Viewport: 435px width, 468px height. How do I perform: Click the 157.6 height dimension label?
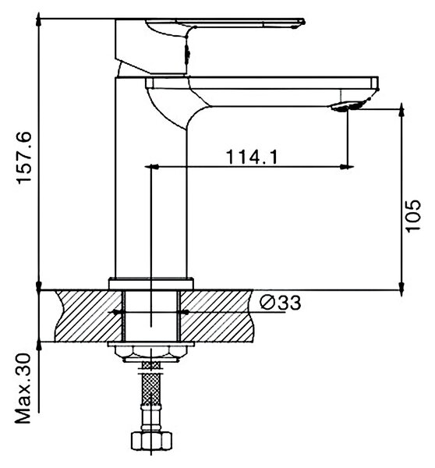pos(24,158)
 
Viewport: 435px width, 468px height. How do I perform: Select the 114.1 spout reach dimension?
pos(252,157)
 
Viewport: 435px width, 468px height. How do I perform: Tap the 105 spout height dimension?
pos(413,215)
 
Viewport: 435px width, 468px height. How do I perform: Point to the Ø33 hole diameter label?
pos(280,303)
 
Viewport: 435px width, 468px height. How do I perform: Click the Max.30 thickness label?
pos(23,388)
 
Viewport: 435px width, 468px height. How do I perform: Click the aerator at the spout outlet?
pos(347,107)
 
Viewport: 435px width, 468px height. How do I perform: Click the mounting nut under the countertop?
pos(151,353)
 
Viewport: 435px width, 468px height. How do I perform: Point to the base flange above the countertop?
pos(151,283)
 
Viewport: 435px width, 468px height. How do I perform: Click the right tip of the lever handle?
pos(303,22)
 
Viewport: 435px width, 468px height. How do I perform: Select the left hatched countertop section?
pos(89,316)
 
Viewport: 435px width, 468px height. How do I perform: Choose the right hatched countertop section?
pos(217,316)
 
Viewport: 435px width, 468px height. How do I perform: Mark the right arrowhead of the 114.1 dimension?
pos(348,167)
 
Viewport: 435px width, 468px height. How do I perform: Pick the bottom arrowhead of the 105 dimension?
pos(402,287)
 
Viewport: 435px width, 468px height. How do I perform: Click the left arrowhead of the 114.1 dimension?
pos(151,167)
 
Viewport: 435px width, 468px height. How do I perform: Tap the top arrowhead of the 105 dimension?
pos(402,110)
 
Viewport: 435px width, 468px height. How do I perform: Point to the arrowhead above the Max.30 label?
pos(39,345)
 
